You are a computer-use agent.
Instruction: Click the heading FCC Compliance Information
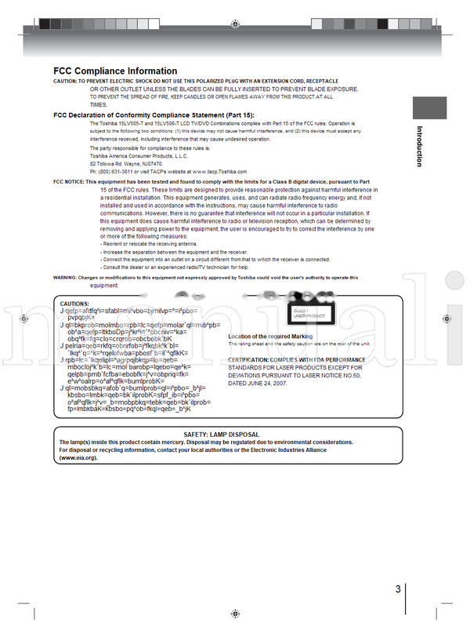[114, 71]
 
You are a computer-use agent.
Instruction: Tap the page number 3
[398, 590]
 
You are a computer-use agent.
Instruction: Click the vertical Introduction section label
[419, 147]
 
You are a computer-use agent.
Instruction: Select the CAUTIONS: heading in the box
[75, 303]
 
